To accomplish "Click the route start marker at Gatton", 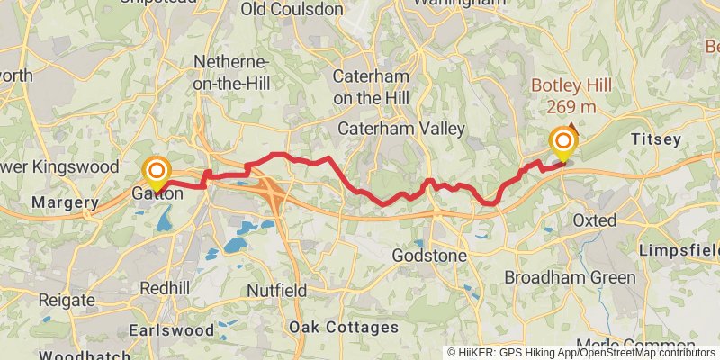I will pos(157,170).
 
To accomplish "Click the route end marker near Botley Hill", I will pos(564,141).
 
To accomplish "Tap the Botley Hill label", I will pos(571,86).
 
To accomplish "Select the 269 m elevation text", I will pos(571,107).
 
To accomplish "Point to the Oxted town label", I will pos(595,220).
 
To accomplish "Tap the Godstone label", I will pos(429,256).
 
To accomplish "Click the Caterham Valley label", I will pos(400,129).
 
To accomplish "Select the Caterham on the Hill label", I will pos(372,86).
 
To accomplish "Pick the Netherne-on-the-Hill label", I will pos(231,71).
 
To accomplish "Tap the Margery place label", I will pos(64,203).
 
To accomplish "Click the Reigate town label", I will pos(67,300).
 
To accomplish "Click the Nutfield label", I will pos(277,291).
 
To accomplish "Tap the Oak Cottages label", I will pos(343,327).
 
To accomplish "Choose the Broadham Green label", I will pos(570,277).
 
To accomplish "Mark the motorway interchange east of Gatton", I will pos(272,188).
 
